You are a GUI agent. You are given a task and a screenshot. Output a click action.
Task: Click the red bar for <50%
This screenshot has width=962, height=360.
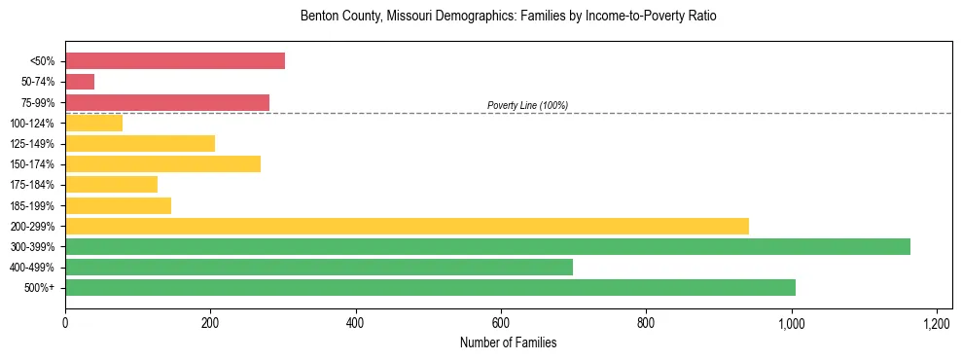click(175, 61)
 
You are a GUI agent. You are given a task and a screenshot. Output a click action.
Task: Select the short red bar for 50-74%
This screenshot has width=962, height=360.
click(80, 82)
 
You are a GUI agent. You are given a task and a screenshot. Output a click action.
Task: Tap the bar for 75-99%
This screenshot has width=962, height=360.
click(167, 102)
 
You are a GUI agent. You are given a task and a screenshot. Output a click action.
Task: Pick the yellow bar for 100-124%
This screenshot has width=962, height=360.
click(93, 123)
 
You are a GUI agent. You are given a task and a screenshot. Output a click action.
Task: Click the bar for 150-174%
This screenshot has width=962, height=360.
click(162, 163)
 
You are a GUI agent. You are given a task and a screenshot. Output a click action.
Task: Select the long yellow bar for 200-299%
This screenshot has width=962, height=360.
click(407, 226)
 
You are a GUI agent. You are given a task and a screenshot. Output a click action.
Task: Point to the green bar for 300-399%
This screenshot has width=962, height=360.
click(487, 246)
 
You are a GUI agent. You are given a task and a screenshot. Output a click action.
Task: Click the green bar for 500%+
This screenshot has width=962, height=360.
click(430, 287)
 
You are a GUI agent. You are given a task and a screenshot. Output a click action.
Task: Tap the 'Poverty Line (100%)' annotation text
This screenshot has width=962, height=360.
click(527, 105)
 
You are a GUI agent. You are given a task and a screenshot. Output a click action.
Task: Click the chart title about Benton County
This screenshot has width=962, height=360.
click(509, 17)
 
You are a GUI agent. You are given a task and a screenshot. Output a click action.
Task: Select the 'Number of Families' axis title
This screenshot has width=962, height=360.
click(509, 342)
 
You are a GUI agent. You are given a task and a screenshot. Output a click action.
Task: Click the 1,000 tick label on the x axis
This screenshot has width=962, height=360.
click(792, 322)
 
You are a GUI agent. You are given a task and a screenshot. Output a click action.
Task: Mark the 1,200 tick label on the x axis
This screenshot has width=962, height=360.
click(937, 322)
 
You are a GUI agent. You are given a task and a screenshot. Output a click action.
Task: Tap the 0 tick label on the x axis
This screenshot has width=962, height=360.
click(65, 322)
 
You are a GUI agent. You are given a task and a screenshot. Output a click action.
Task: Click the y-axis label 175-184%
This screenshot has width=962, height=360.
click(32, 185)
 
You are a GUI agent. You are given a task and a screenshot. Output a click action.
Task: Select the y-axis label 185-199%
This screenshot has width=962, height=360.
click(32, 205)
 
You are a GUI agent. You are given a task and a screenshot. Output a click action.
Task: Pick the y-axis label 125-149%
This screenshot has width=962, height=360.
click(32, 144)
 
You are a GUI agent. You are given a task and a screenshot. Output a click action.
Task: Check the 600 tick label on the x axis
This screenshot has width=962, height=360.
click(501, 322)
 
